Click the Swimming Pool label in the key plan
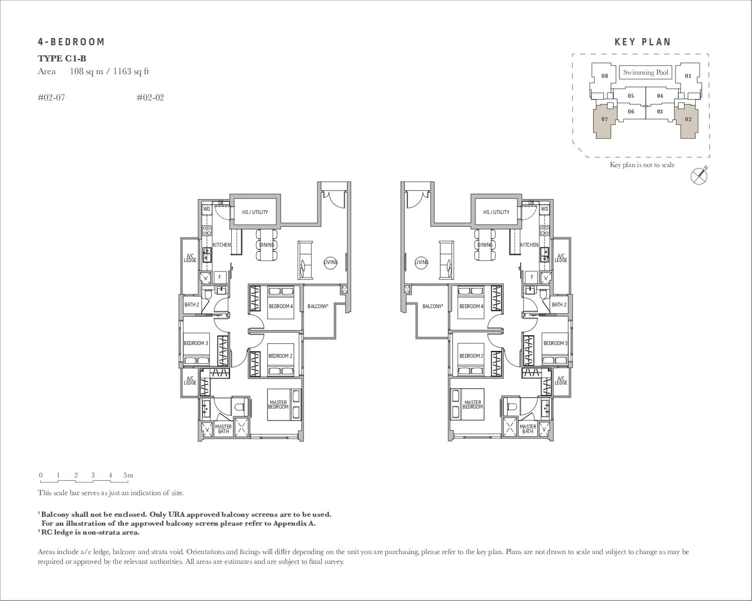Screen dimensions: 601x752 point(645,72)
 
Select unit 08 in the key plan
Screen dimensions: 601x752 point(604,76)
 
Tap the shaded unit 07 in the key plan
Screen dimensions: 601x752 point(604,119)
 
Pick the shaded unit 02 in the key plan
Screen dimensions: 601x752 point(688,119)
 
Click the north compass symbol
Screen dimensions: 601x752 point(698,176)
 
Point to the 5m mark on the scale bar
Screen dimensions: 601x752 point(128,475)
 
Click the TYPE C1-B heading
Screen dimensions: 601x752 point(62,59)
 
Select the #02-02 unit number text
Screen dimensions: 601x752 point(150,98)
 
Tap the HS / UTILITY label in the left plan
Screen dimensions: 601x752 point(255,212)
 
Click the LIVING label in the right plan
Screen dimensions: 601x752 point(422,262)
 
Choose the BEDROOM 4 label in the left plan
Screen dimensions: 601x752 point(281,307)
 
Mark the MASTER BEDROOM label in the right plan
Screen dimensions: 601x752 point(472,405)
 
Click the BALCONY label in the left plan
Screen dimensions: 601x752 point(317,307)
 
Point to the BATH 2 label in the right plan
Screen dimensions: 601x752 point(559,305)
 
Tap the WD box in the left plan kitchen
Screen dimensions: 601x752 point(206,209)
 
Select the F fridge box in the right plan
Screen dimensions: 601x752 point(532,277)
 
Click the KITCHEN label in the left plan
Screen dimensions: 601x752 point(221,245)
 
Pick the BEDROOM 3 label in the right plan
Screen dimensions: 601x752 point(555,343)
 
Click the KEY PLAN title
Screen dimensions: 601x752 point(642,42)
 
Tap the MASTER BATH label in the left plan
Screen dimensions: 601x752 point(223,429)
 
